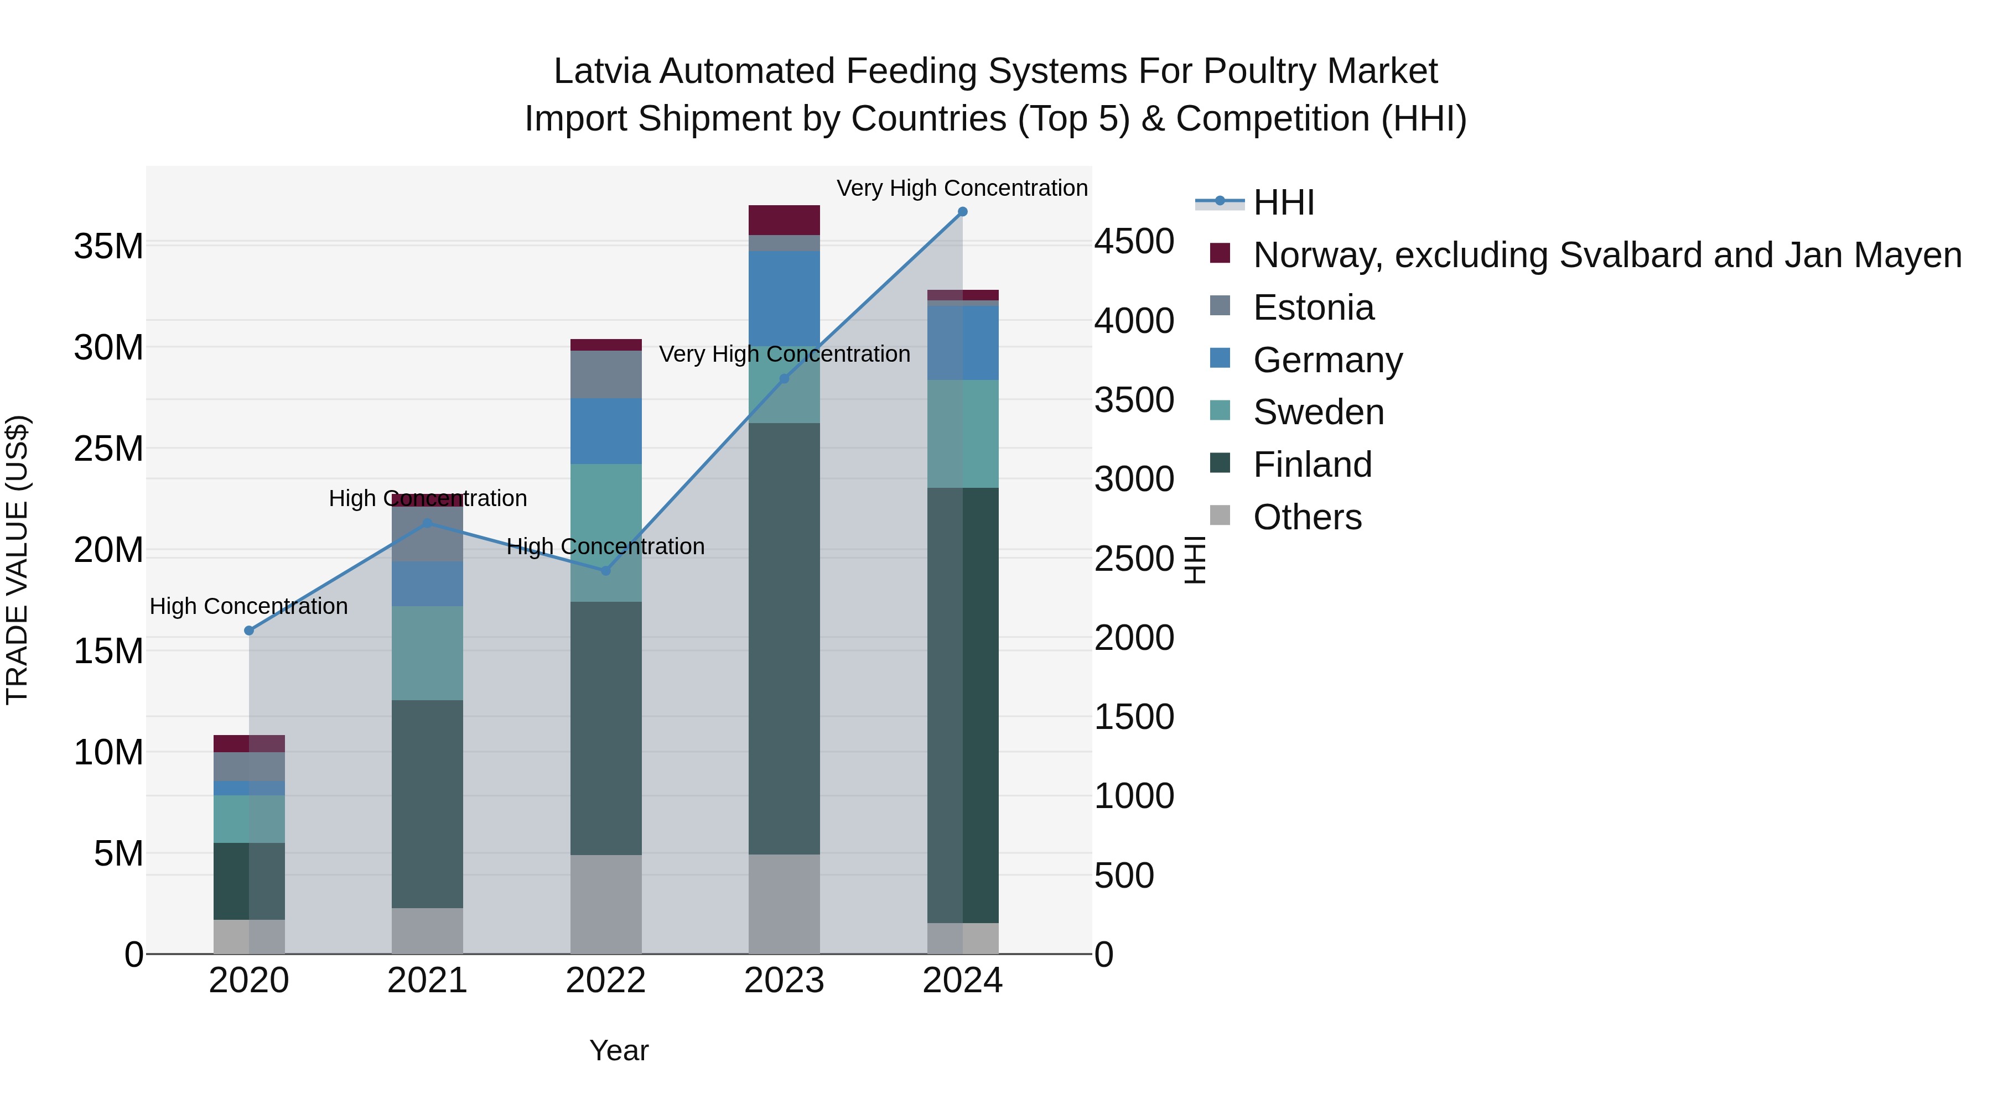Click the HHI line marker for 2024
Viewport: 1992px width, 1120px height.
[962, 212]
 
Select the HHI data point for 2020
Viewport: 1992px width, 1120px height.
[249, 631]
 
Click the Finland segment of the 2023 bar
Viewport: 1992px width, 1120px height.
[784, 638]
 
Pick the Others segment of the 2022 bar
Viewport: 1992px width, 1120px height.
[605, 904]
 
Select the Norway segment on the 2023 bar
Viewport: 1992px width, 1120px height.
[784, 220]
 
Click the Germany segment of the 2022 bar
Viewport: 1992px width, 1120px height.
[605, 431]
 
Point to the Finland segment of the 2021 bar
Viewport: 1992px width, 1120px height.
[427, 804]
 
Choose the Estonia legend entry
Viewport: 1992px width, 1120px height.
[1313, 308]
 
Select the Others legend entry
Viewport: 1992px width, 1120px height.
[1307, 517]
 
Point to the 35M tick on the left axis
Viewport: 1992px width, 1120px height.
[108, 247]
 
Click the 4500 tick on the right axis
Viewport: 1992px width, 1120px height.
[1134, 241]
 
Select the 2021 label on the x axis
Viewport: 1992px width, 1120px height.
[427, 981]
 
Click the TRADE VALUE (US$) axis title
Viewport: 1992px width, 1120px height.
[17, 560]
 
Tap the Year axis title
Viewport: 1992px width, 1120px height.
[619, 1050]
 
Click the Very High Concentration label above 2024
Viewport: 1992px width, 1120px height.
[962, 188]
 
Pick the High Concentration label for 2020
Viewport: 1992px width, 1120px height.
[248, 606]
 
